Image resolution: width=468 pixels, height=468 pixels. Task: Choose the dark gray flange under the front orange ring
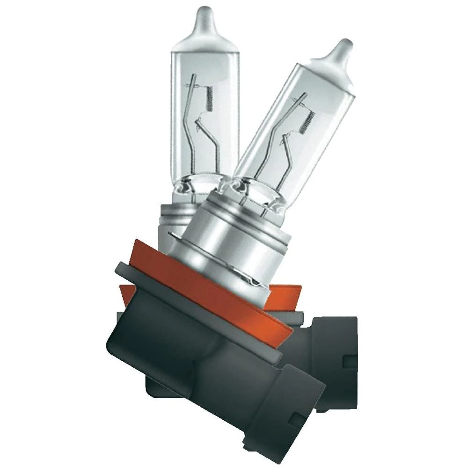(x=140, y=276)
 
